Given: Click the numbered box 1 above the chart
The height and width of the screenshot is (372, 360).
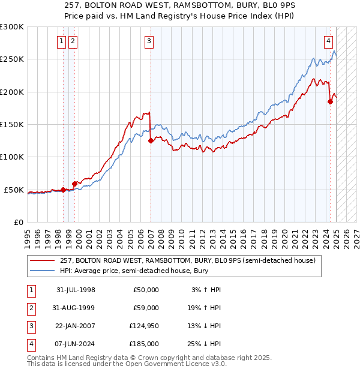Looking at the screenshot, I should tap(62, 41).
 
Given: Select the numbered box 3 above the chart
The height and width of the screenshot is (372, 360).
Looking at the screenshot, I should tap(149, 41).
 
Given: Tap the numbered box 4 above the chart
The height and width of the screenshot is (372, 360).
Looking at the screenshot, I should tap(329, 41).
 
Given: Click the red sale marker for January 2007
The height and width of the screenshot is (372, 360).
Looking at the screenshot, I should tap(151, 141).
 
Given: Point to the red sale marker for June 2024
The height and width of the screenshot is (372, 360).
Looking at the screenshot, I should tap(330, 102).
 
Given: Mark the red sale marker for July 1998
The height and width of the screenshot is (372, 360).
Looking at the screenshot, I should tap(63, 190).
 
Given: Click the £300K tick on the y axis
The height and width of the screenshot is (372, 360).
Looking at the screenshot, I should tap(12, 27).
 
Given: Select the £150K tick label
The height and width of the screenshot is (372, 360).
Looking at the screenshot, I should tap(12, 125).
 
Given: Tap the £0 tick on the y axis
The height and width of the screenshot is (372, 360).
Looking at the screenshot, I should tap(17, 222).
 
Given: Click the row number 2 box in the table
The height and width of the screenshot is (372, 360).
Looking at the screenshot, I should tap(29, 308).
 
